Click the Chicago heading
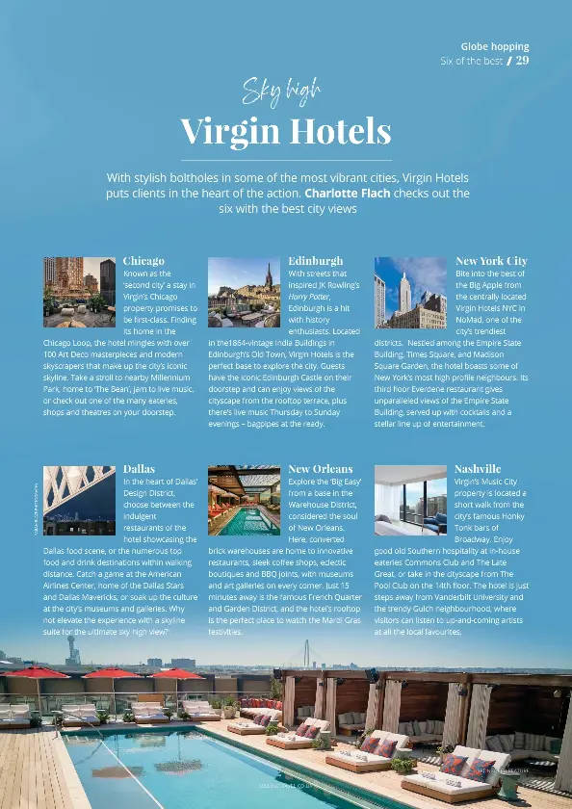point(143,261)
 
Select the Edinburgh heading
point(315,261)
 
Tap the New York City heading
point(491,261)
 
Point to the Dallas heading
point(139,469)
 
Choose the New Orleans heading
point(321,469)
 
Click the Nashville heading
point(478,469)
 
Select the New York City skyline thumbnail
point(410,293)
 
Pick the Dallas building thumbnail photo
point(79,500)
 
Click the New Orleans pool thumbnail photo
point(244,500)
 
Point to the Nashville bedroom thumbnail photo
point(410,500)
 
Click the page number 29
point(522,61)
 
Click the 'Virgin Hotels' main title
point(286,129)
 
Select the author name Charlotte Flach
point(347,193)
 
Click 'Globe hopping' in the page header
point(495,45)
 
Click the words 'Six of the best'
point(471,61)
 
